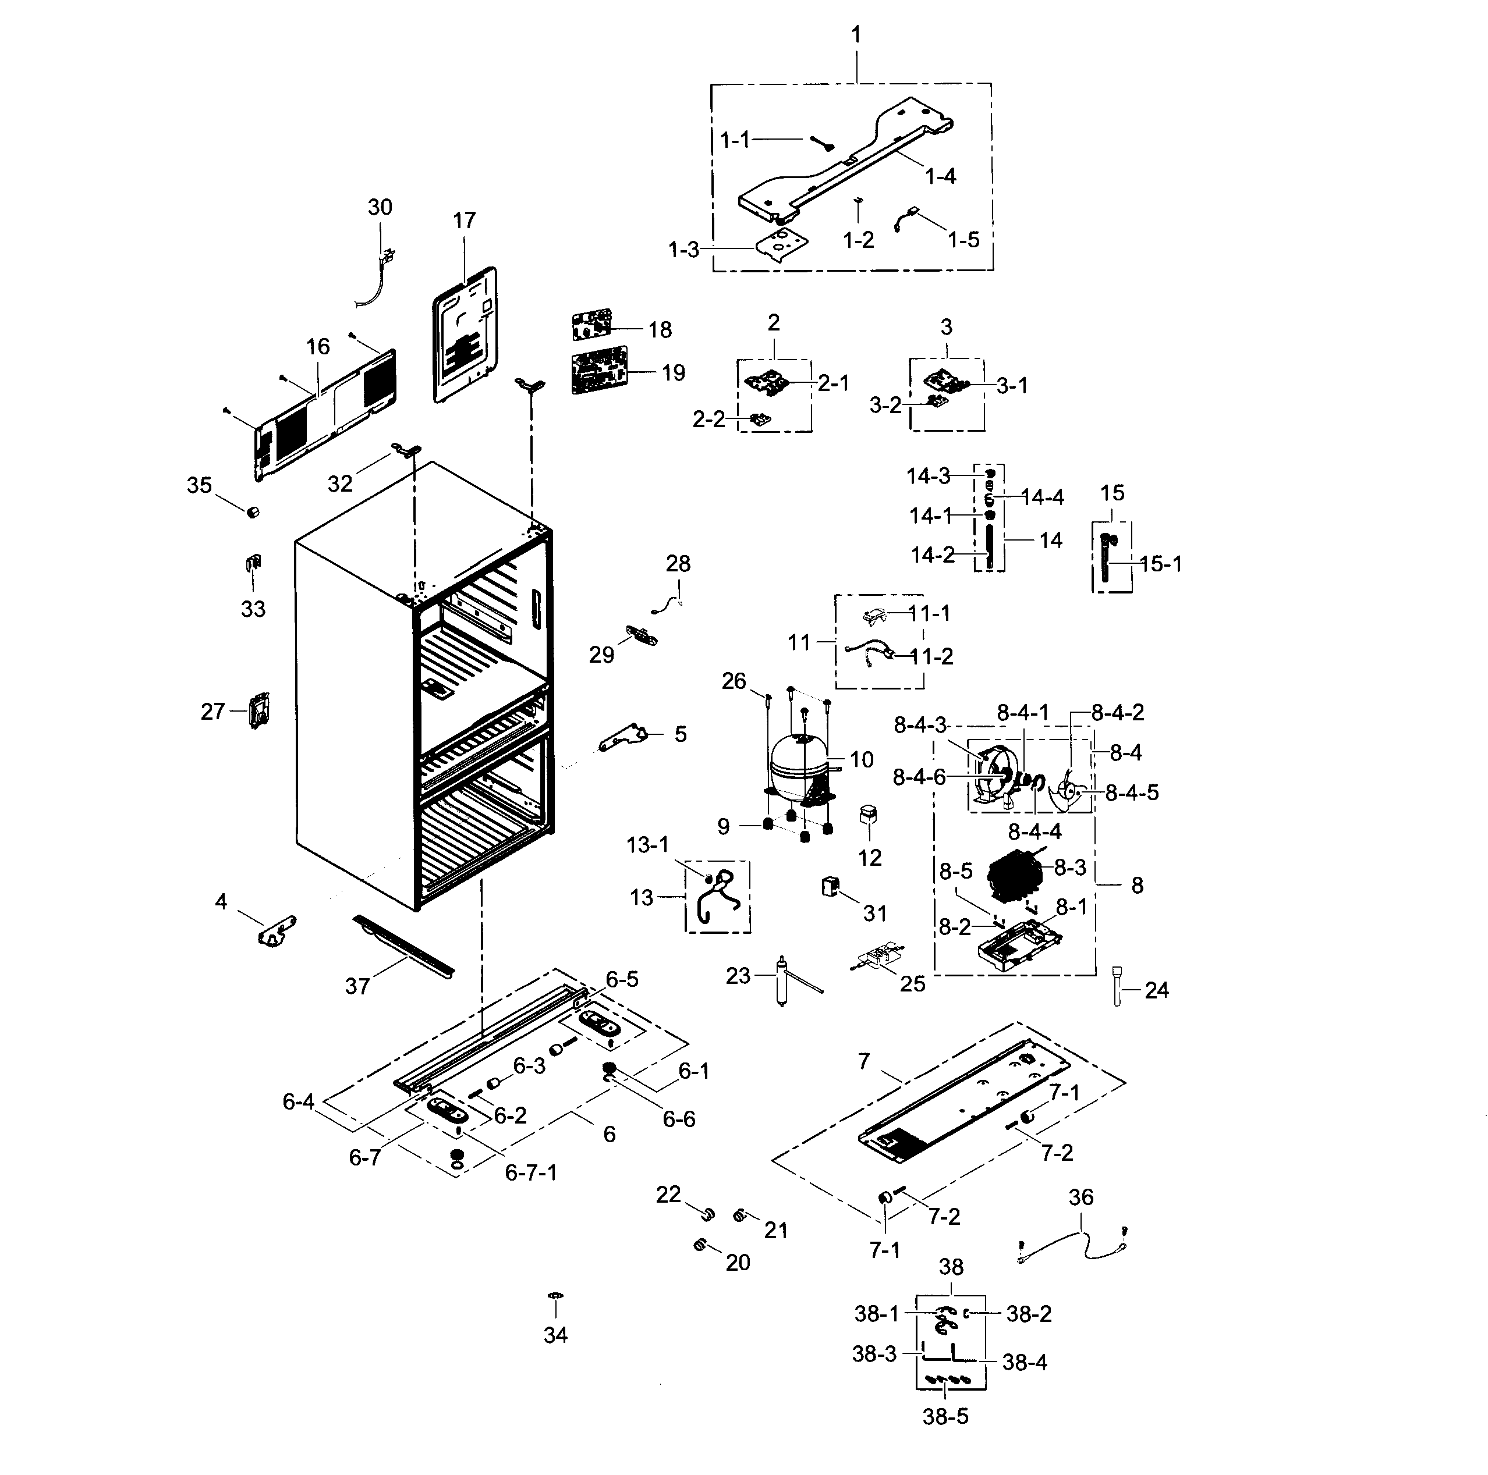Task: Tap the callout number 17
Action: coord(465,221)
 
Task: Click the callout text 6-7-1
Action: coord(531,1172)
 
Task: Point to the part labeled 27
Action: coord(259,710)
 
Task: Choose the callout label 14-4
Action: coord(1042,497)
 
